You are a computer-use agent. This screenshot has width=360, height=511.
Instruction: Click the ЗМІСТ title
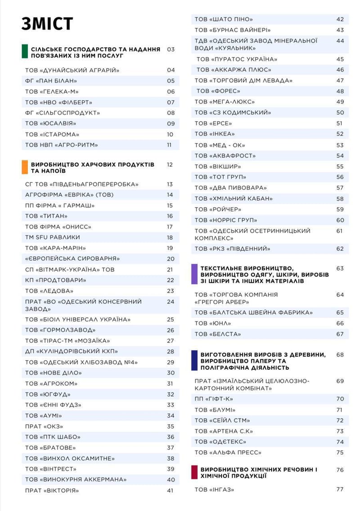[x=47, y=24]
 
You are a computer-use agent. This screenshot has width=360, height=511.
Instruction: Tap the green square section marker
[x=25, y=52]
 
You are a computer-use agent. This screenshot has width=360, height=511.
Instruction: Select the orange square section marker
[x=25, y=167]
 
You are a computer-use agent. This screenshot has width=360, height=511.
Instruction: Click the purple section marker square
[x=194, y=274]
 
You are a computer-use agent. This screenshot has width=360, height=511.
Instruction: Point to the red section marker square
[x=194, y=472]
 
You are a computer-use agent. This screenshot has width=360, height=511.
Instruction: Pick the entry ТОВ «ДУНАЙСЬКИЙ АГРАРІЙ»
[x=72, y=70]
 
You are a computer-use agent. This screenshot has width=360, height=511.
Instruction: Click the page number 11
[x=169, y=145]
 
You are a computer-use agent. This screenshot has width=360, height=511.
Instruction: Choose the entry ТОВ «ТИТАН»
[x=46, y=216]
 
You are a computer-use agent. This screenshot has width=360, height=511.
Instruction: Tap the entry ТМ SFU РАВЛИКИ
[x=53, y=237]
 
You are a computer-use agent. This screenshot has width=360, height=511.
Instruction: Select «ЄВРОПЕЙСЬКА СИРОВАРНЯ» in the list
[x=72, y=259]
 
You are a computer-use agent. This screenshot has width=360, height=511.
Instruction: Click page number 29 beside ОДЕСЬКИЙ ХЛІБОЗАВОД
[x=170, y=362]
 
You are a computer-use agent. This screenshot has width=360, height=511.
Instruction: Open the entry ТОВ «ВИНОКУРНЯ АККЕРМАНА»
[x=76, y=479]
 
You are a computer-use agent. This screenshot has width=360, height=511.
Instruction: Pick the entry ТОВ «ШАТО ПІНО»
[x=224, y=19]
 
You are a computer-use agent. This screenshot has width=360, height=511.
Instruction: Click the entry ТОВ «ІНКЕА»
[x=215, y=134]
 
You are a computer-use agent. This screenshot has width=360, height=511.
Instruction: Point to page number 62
[x=340, y=249]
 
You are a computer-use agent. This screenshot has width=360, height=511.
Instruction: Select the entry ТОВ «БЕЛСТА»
[x=218, y=334]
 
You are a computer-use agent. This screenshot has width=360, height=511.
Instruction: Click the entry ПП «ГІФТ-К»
[x=214, y=399]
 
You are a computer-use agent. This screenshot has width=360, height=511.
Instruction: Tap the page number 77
[x=340, y=489]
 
